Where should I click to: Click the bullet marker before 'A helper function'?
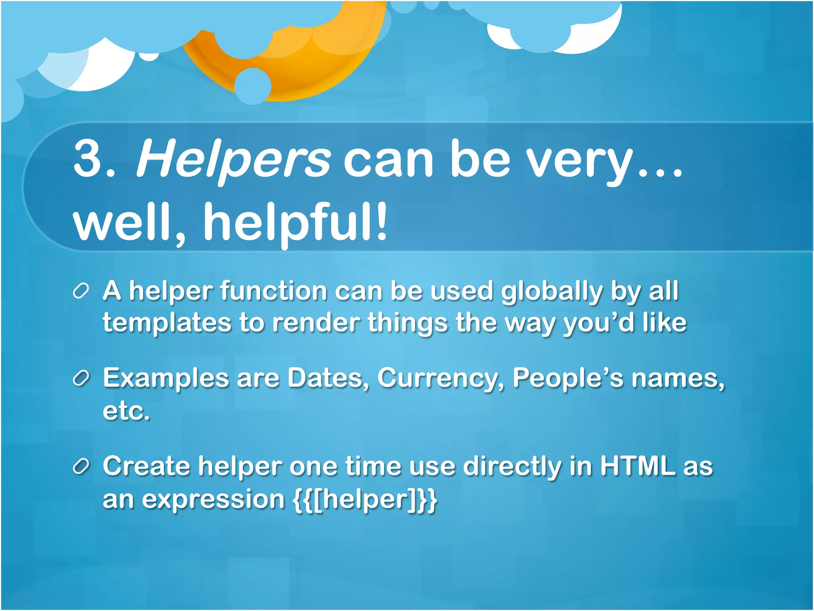pyautogui.click(x=81, y=291)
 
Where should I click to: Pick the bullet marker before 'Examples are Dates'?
pyautogui.click(x=81, y=378)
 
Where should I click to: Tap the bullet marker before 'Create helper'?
pyautogui.click(x=81, y=466)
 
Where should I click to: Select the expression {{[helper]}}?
pyautogui.click(x=365, y=499)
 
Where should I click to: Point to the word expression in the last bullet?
pyautogui.click(x=213, y=500)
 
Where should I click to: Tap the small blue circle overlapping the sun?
pyautogui.click(x=253, y=86)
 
